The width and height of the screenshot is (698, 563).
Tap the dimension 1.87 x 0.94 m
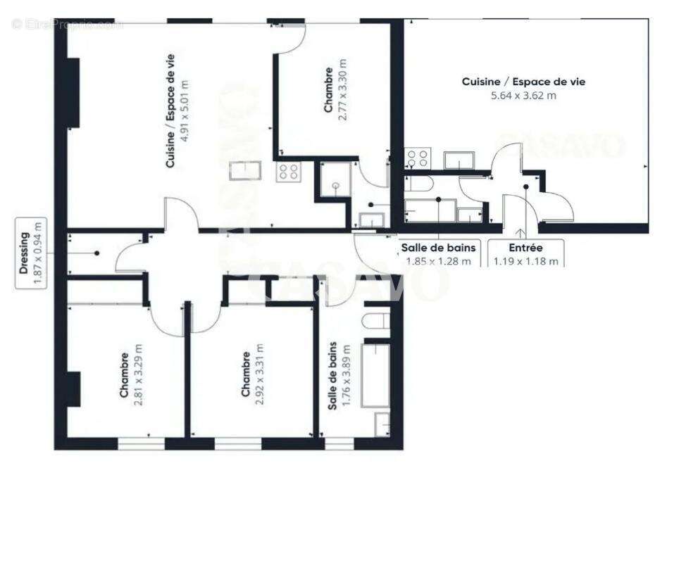pyautogui.click(x=39, y=253)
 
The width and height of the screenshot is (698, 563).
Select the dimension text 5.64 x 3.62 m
pyautogui.click(x=523, y=95)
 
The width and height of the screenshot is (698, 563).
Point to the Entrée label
pyautogui.click(x=525, y=248)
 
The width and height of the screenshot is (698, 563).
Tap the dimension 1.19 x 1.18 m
pyautogui.click(x=525, y=261)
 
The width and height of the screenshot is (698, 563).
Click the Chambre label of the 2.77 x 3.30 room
pyautogui.click(x=328, y=89)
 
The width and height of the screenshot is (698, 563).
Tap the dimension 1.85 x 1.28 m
pyautogui.click(x=438, y=261)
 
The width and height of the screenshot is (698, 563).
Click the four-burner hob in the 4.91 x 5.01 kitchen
pyautogui.click(x=289, y=172)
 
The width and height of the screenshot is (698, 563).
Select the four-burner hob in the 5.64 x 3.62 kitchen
pyautogui.click(x=416, y=158)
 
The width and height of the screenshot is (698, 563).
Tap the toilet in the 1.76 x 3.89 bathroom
pyautogui.click(x=374, y=321)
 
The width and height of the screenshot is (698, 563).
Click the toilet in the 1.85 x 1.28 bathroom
pyautogui.click(x=420, y=185)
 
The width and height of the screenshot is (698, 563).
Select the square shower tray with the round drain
pyautogui.click(x=336, y=179)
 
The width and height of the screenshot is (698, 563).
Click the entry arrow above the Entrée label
pyautogui.click(x=521, y=233)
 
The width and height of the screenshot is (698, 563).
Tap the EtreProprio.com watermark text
pyautogui.click(x=67, y=25)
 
